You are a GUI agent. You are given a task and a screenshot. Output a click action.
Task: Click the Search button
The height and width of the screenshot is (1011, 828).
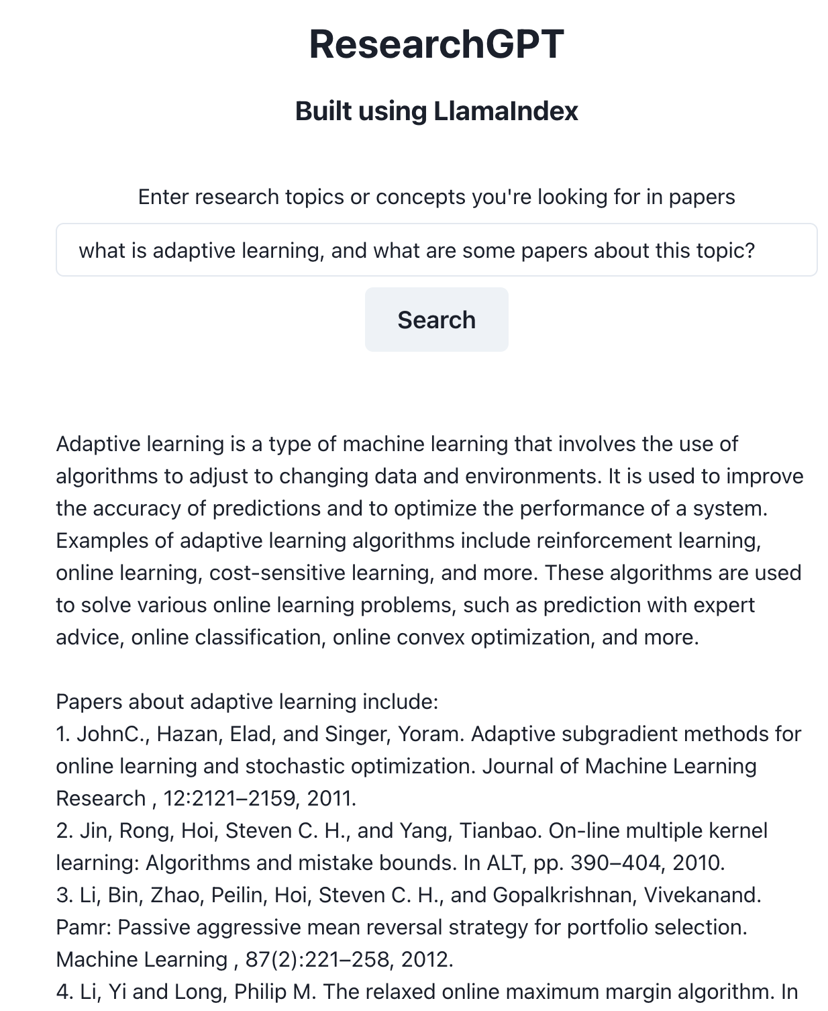[x=436, y=320]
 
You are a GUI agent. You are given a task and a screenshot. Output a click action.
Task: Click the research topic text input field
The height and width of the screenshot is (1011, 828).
[x=436, y=250]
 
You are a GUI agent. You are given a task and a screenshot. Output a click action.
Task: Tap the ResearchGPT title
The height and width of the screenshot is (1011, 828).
[x=436, y=44]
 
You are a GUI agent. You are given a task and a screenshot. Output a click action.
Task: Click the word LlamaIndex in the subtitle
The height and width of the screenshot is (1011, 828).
[x=506, y=111]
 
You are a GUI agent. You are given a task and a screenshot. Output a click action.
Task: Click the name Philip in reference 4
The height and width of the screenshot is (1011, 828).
[x=258, y=992]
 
